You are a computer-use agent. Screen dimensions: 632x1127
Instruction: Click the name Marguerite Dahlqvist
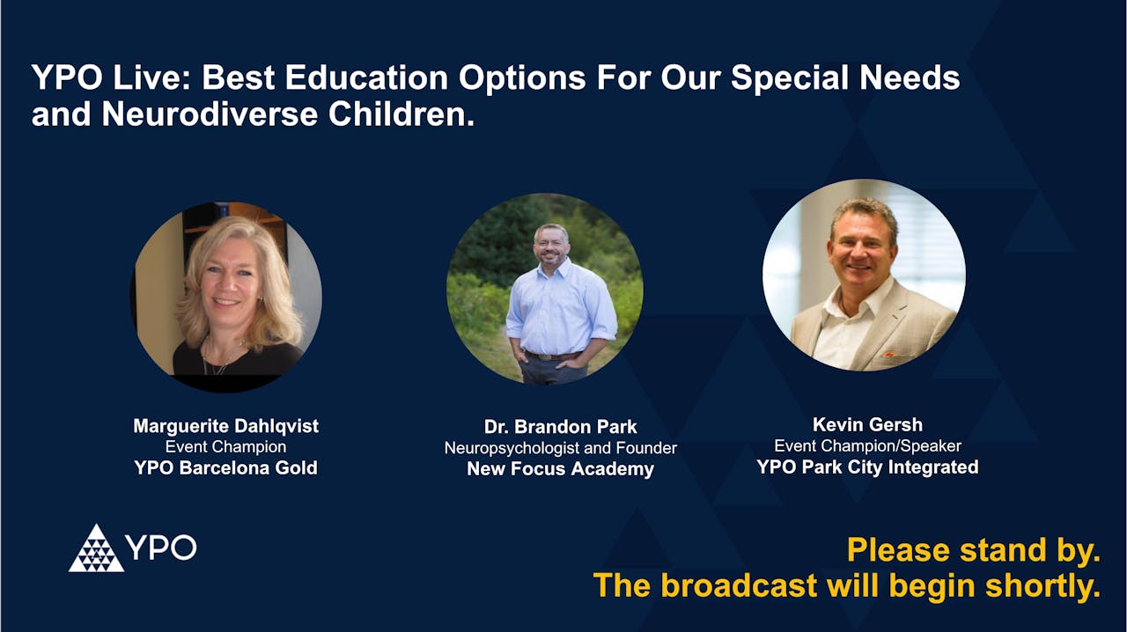click(225, 426)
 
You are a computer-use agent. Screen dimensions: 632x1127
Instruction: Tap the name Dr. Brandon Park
click(560, 427)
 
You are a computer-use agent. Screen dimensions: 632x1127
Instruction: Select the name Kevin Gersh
click(867, 425)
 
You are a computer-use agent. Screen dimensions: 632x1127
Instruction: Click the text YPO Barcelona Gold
click(225, 468)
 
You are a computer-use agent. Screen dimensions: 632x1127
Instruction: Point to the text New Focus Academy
click(560, 469)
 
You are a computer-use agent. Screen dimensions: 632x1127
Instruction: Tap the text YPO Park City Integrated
click(867, 467)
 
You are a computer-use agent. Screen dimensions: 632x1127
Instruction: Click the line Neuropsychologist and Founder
click(560, 448)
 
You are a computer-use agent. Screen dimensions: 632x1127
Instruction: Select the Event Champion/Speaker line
click(867, 446)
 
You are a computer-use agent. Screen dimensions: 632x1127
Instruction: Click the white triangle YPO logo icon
click(96, 548)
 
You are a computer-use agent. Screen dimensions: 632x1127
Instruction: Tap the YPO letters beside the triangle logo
click(160, 547)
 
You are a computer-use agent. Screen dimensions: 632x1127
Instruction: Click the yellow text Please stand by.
click(973, 551)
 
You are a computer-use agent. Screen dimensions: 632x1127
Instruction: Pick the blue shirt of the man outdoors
click(560, 308)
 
